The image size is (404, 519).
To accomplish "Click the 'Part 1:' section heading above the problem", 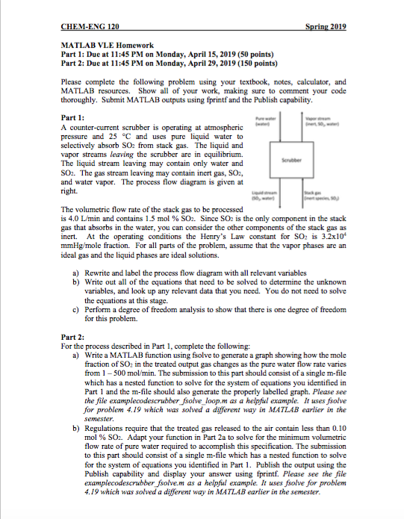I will (73, 118).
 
